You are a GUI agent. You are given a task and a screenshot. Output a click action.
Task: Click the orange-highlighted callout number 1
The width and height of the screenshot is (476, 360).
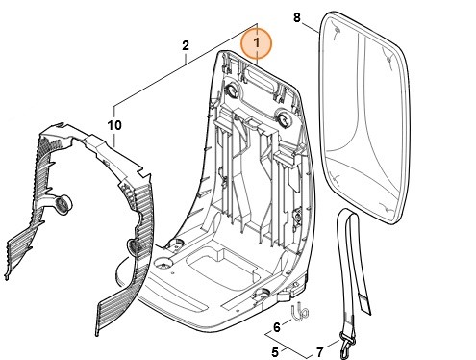[x=258, y=42]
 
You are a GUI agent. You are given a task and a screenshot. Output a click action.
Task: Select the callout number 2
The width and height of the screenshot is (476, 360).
[x=185, y=44]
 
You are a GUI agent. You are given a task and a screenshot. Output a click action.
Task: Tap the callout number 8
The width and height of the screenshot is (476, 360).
[x=296, y=17]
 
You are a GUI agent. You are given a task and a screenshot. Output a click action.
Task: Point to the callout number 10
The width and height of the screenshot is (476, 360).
[x=115, y=125]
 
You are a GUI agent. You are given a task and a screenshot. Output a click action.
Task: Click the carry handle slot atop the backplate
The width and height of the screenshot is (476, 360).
[x=261, y=77]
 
